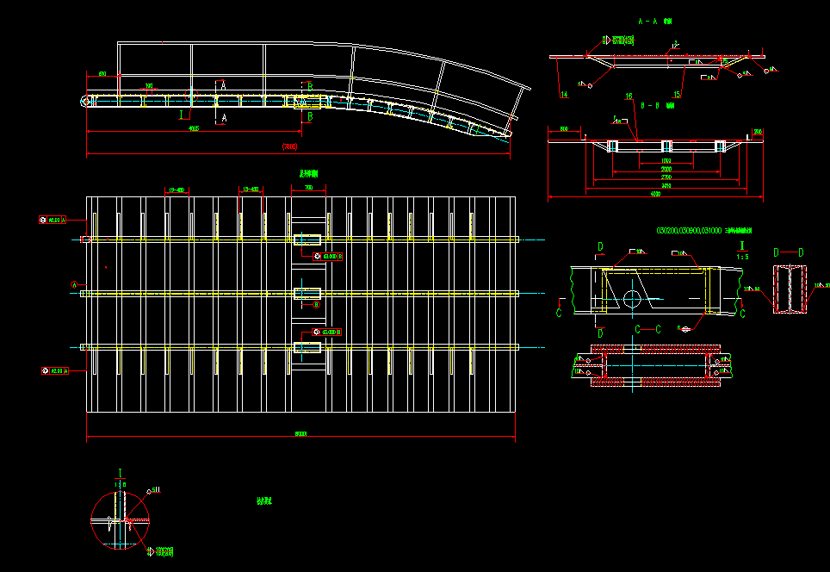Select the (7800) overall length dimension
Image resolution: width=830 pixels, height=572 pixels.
click(x=290, y=147)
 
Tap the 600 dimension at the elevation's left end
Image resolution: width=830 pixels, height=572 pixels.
click(x=102, y=75)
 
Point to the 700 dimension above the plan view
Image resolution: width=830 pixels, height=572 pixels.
click(x=308, y=186)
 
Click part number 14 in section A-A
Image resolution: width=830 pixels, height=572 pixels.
click(x=565, y=94)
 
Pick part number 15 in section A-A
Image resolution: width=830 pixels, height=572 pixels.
click(x=678, y=94)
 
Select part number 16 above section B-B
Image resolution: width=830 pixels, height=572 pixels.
click(x=629, y=96)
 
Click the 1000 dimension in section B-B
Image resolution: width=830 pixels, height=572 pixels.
click(x=666, y=161)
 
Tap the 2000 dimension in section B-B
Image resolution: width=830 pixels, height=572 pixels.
click(x=666, y=170)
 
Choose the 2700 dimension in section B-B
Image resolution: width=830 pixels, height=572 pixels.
click(x=666, y=177)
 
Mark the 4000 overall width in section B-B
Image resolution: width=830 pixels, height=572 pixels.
click(x=656, y=194)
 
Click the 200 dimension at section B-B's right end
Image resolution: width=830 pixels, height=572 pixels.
click(x=758, y=131)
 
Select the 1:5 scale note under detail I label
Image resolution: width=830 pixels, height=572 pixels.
click(x=742, y=256)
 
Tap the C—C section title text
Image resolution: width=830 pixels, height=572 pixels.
click(x=647, y=329)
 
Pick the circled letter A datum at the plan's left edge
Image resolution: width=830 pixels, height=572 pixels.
click(x=74, y=284)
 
